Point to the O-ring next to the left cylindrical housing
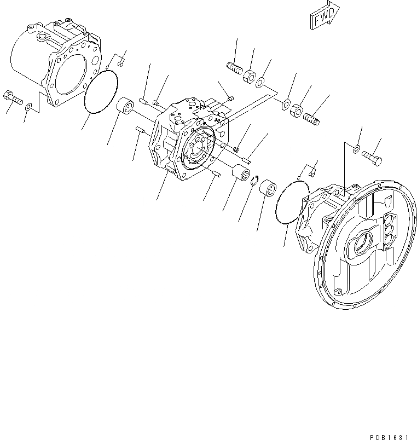[x=101, y=92]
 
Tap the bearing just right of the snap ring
[x=268, y=189]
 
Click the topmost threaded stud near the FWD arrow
[x=234, y=70]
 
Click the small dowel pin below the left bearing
[x=139, y=129]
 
